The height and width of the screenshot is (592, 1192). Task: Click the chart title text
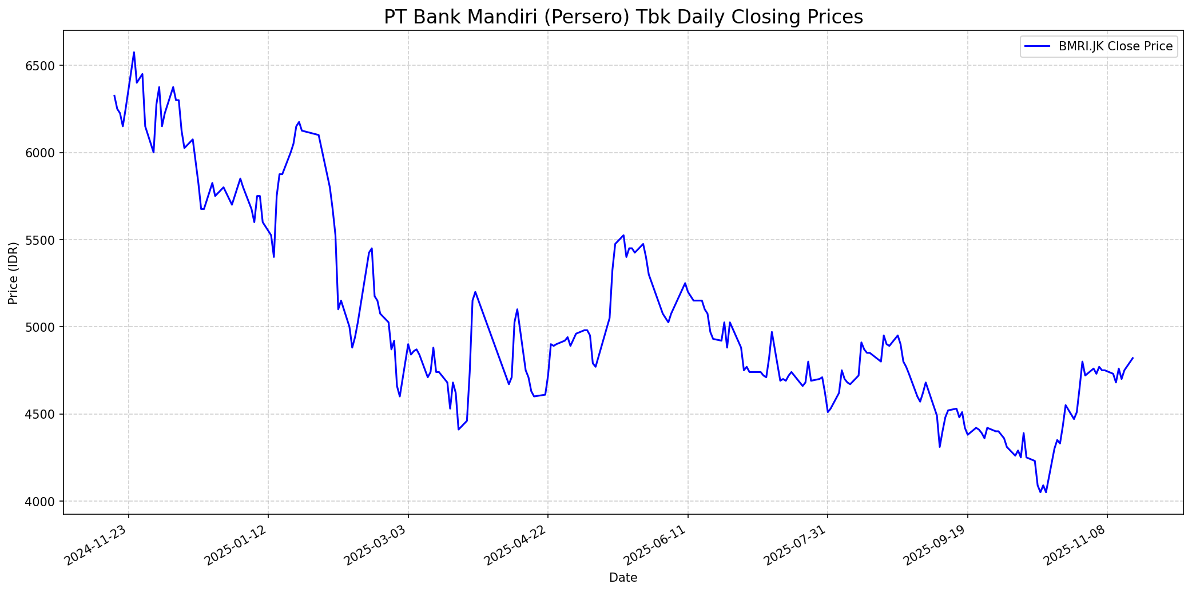click(x=623, y=17)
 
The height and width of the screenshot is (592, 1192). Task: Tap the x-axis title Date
click(x=623, y=578)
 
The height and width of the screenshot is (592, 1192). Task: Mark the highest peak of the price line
click(x=134, y=53)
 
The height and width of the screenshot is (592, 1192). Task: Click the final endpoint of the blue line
click(x=1133, y=358)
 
